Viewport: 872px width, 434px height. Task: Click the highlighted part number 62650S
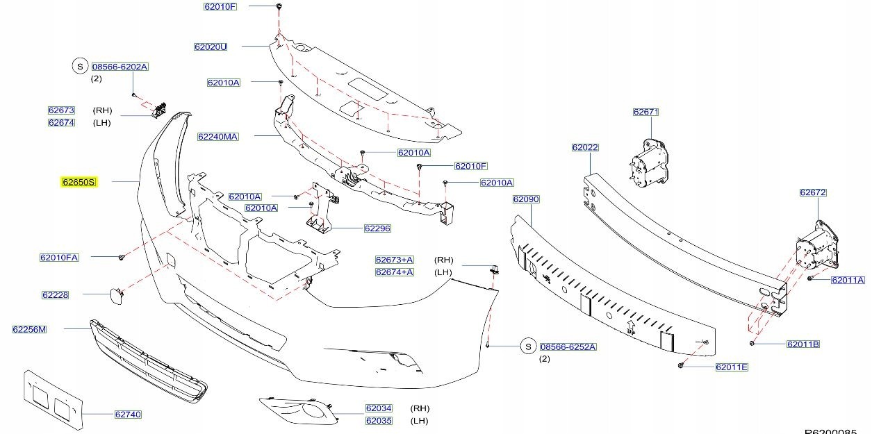click(x=79, y=182)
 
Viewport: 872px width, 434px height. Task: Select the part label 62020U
click(x=211, y=47)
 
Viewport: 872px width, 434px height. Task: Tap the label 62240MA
click(x=217, y=137)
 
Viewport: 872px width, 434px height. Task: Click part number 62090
click(x=526, y=199)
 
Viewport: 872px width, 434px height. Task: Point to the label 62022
click(x=585, y=147)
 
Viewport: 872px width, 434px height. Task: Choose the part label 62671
click(x=645, y=112)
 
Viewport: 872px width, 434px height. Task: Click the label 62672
click(x=812, y=192)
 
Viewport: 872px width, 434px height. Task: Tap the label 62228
click(x=56, y=294)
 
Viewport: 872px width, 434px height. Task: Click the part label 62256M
click(x=29, y=329)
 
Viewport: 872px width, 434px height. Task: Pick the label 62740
click(x=128, y=415)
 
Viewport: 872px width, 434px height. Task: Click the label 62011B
click(x=803, y=344)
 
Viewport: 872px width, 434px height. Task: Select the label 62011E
click(x=732, y=367)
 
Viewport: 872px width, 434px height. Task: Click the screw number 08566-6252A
click(x=568, y=347)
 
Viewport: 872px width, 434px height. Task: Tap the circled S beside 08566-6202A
click(x=79, y=67)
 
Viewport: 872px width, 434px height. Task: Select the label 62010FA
click(x=59, y=258)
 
